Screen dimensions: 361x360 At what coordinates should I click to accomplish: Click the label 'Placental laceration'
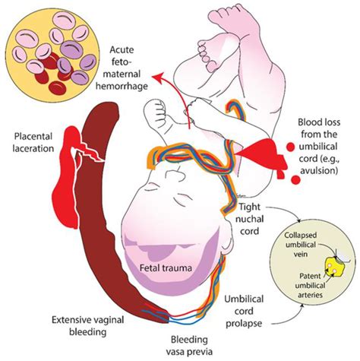[34, 142]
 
